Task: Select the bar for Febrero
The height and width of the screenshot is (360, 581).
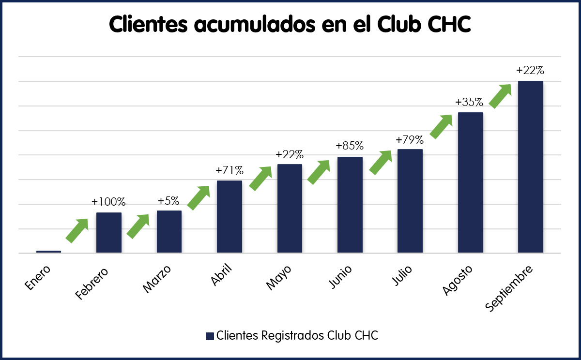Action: tap(109, 232)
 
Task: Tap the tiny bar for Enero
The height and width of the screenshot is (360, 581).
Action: tap(48, 251)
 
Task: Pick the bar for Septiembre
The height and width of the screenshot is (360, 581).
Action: tap(531, 167)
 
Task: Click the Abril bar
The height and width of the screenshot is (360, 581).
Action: tap(229, 216)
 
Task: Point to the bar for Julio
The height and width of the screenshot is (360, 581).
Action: tap(410, 201)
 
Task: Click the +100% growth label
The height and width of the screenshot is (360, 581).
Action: tap(109, 201)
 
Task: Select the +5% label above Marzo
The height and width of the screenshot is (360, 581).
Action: tap(169, 200)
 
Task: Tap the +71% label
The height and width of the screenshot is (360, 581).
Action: tap(229, 170)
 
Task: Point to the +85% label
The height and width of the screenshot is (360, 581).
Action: tap(350, 146)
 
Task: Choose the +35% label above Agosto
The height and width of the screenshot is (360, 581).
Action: tap(470, 102)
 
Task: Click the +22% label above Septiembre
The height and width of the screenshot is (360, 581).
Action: tap(530, 70)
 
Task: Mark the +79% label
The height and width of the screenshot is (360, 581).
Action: tap(410, 140)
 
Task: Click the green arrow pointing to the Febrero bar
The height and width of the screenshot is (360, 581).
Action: tap(77, 230)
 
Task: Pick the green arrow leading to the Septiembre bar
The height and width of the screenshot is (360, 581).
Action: tap(500, 96)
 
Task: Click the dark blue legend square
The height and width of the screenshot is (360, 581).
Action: tap(210, 336)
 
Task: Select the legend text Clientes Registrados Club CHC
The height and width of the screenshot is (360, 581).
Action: tap(297, 336)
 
